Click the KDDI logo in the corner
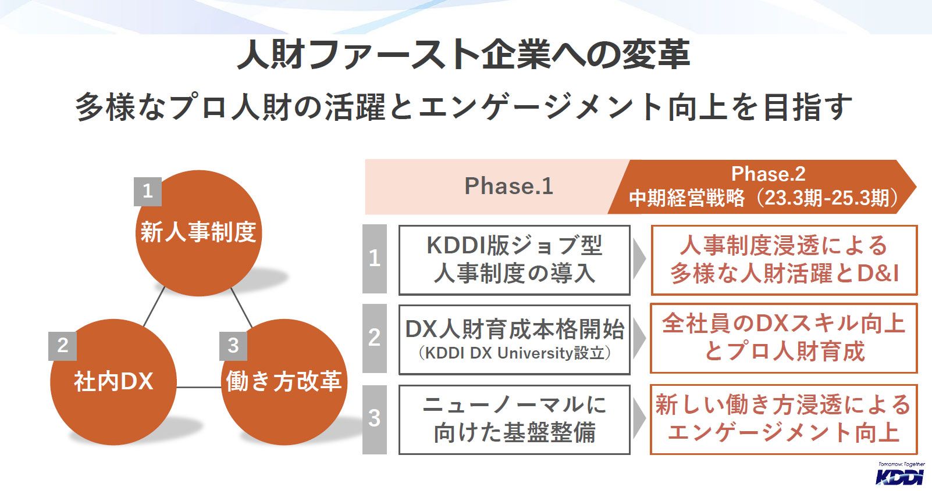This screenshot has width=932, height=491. (900, 475)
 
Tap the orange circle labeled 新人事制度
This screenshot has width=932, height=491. (198, 232)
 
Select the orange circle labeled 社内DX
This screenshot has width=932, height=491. (113, 382)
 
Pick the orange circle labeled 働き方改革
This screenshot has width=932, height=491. (284, 382)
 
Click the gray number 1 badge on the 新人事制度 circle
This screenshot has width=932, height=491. (147, 191)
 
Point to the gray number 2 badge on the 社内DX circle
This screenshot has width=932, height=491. (62, 345)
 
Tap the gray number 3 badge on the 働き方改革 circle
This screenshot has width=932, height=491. (233, 345)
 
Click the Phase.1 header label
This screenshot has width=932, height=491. (508, 186)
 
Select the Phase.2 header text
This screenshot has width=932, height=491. (767, 174)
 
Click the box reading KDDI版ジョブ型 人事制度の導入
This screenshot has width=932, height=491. (514, 260)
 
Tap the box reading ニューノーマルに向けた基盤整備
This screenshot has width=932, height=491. (514, 419)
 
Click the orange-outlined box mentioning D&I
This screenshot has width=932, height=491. (784, 260)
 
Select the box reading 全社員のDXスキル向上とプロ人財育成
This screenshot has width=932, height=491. (784, 338)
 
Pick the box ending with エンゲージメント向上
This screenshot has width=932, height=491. (784, 419)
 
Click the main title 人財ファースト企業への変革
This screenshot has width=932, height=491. (464, 55)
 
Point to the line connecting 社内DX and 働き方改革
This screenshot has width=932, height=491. (198, 387)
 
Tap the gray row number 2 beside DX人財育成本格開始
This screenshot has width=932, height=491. (374, 338)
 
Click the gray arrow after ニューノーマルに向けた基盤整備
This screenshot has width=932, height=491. (639, 418)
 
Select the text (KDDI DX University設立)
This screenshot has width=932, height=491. (514, 353)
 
